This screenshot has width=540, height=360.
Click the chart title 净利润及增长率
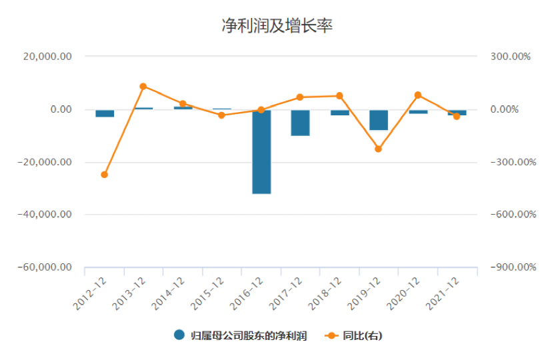pos(277,27)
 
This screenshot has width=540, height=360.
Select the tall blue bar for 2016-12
pos(261,151)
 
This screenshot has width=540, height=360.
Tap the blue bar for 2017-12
pos(300,123)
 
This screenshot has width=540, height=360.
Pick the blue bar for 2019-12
pos(379,120)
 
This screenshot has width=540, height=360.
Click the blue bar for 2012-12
pos(105,113)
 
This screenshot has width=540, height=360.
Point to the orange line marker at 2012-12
pos(105,175)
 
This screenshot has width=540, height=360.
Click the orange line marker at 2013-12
pos(143,86)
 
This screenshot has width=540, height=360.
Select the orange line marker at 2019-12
pos(378,149)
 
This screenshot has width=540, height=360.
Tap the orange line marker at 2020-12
pos(418,95)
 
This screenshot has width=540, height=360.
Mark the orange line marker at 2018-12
pos(339,96)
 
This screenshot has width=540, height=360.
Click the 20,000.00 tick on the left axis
pos(47,57)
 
